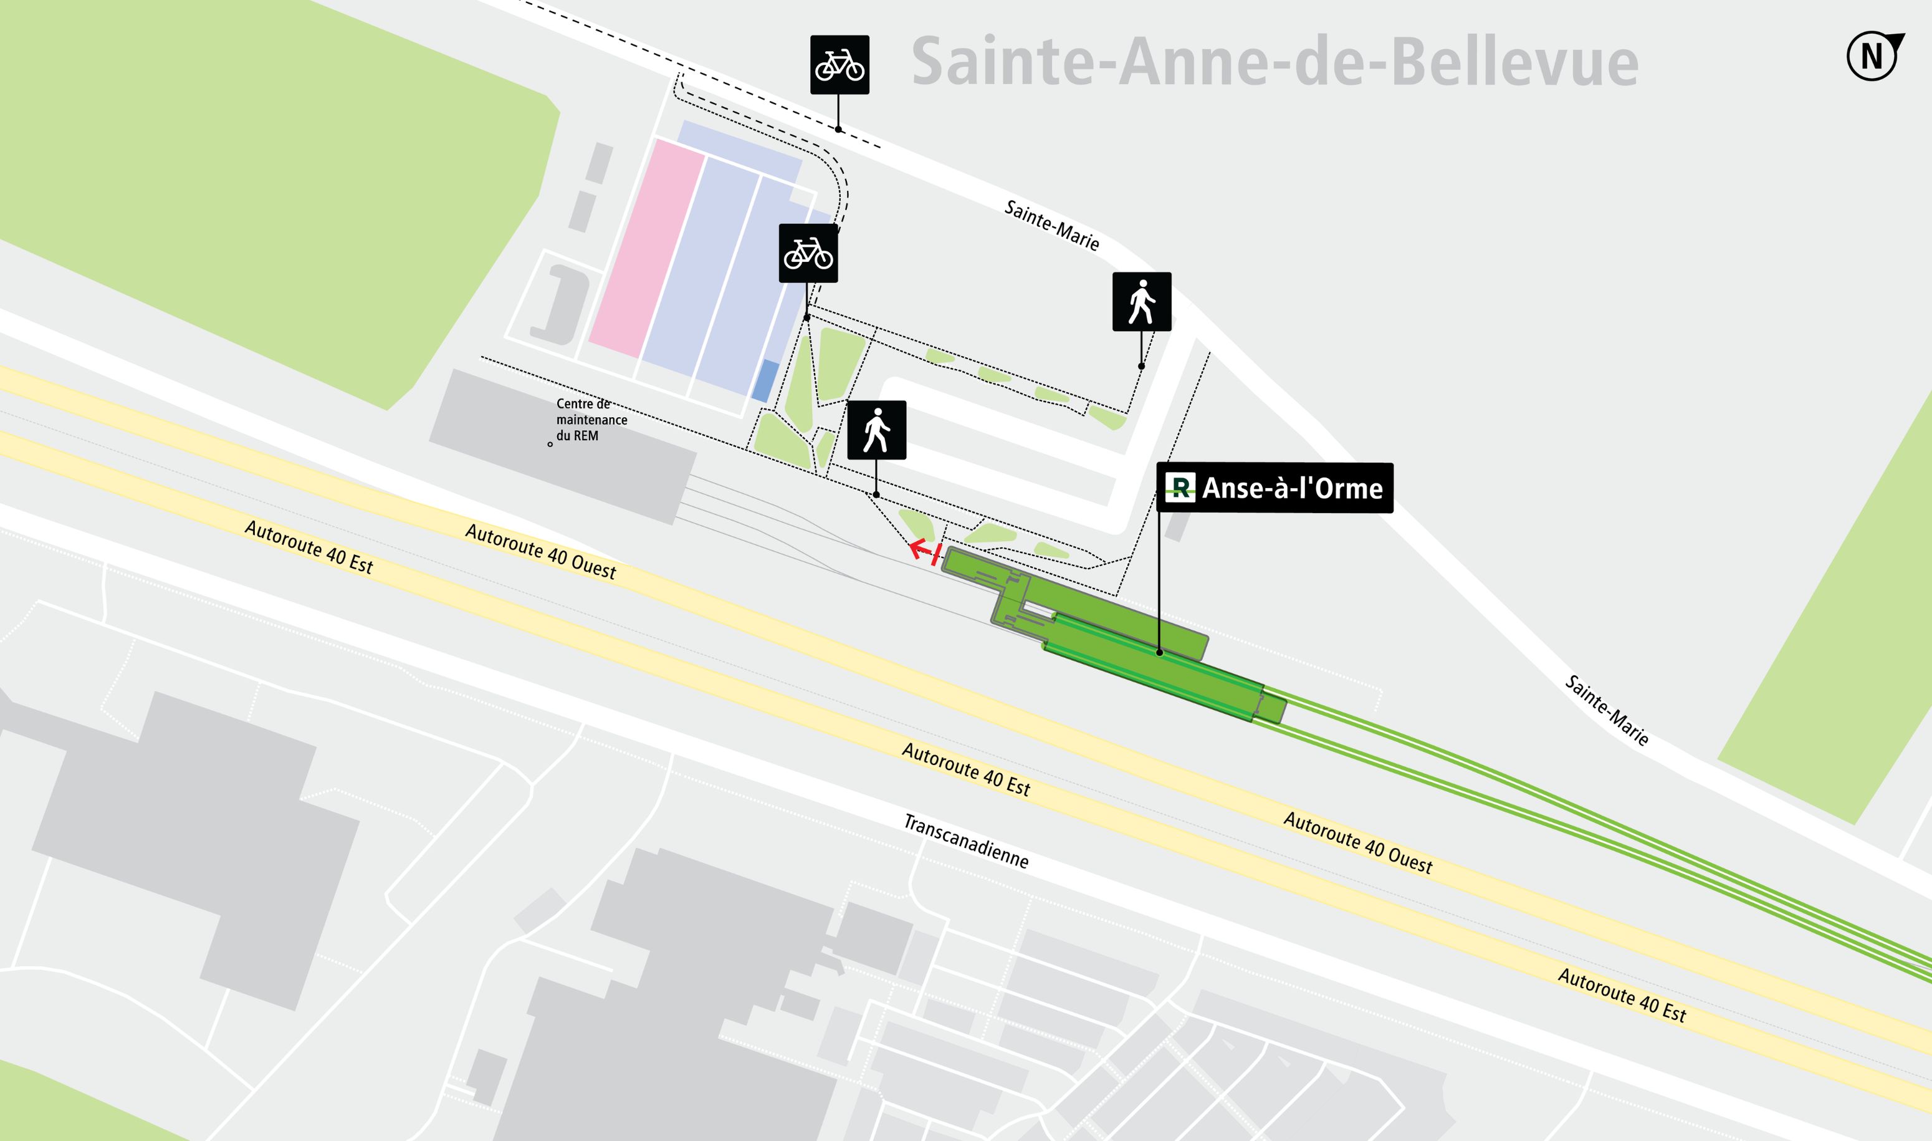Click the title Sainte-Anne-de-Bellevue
coord(1274,62)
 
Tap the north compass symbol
coord(1873,56)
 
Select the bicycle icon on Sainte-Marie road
coord(839,65)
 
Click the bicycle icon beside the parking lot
coord(808,253)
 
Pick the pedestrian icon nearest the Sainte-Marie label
coord(1141,301)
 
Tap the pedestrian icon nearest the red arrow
coord(876,430)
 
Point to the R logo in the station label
coord(1180,488)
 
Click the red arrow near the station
coord(924,551)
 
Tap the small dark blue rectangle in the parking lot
coord(765,380)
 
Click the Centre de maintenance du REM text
coord(591,420)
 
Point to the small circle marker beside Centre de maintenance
coord(550,445)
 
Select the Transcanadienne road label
coord(965,841)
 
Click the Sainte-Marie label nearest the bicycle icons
coord(1051,225)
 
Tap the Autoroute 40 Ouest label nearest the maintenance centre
coord(540,551)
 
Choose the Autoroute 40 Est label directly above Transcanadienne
coord(965,769)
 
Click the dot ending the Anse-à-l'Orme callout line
coord(1159,653)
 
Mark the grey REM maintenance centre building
coord(561,446)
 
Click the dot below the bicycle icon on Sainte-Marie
coord(838,129)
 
